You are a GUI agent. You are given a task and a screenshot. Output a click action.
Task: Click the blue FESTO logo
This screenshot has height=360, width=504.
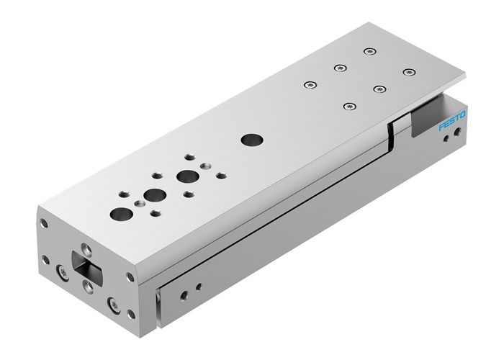point(452,121)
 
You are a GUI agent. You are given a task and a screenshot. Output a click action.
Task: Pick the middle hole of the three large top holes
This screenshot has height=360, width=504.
point(153,194)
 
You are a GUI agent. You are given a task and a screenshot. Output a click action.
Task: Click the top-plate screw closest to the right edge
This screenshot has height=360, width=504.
point(409,71)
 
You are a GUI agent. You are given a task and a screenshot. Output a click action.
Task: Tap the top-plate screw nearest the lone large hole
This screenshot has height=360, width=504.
point(310,85)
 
